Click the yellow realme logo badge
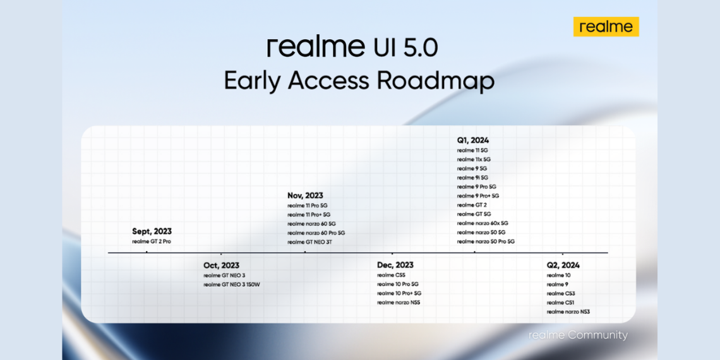[606, 27]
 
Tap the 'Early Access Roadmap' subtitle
[359, 81]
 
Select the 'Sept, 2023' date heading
[152, 232]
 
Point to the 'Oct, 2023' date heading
[221, 265]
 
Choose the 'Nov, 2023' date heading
[305, 196]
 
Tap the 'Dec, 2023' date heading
[395, 265]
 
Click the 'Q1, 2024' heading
[473, 140]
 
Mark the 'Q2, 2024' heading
[563, 265]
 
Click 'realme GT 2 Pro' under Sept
[152, 242]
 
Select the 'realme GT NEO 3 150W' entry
[232, 285]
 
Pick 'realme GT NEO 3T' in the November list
[309, 242]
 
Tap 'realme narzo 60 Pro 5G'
[316, 233]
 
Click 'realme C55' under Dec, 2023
[391, 275]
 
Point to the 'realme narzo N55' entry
[399, 303]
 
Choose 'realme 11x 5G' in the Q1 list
[474, 160]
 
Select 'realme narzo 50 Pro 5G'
[486, 242]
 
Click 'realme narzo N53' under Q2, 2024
[568, 312]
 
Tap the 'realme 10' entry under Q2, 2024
[558, 275]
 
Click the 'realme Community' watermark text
[578, 335]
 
